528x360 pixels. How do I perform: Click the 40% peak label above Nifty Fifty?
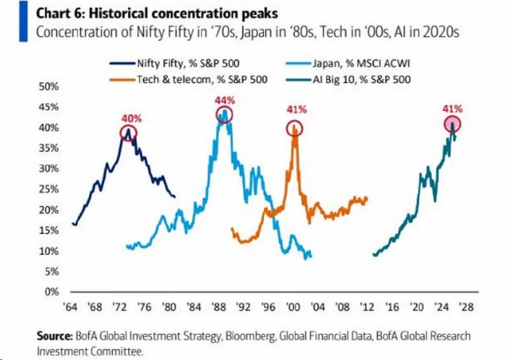(129, 118)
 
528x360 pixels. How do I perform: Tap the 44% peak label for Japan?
(225, 100)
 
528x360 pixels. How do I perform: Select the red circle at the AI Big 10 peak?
(453, 124)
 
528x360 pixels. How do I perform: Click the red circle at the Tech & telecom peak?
(294, 127)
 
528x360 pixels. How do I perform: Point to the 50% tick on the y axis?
(49, 87)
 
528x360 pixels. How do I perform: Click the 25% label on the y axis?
(49, 189)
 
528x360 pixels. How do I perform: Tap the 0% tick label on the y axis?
(51, 291)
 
